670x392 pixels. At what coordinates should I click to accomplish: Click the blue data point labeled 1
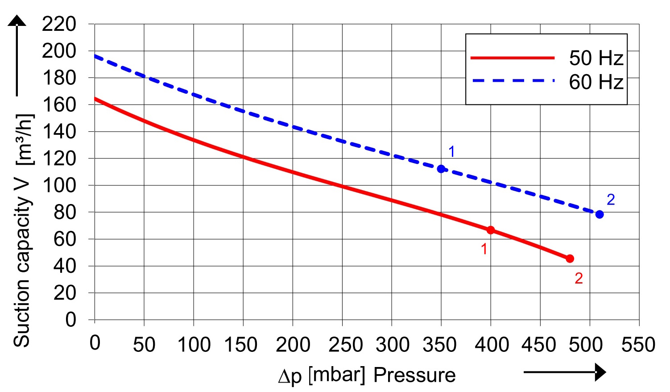441,169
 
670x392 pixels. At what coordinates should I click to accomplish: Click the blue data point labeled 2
600,214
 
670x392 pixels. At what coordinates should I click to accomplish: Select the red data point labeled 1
491,230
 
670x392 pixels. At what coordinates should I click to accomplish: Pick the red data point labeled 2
570,259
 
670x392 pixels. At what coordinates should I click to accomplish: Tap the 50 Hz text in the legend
596,58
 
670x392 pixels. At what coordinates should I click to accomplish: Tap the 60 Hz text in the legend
596,82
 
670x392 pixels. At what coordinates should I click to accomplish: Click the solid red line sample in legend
513,58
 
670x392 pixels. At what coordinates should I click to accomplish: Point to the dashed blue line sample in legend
513,81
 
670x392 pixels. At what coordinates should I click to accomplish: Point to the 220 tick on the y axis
59,24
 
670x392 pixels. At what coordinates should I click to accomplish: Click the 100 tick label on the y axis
59,185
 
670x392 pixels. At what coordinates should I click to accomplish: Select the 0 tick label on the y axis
70,320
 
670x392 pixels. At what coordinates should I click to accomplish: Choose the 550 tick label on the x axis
638,345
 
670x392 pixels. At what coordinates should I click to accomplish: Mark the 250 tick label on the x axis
342,345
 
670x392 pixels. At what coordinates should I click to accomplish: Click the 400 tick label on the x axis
491,345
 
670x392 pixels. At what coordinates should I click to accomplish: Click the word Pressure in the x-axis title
414,375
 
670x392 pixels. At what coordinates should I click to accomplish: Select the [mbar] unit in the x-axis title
337,375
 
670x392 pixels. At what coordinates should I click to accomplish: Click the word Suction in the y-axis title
22,317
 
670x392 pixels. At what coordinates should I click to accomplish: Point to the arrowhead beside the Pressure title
600,372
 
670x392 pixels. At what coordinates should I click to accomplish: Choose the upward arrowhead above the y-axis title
17,21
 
